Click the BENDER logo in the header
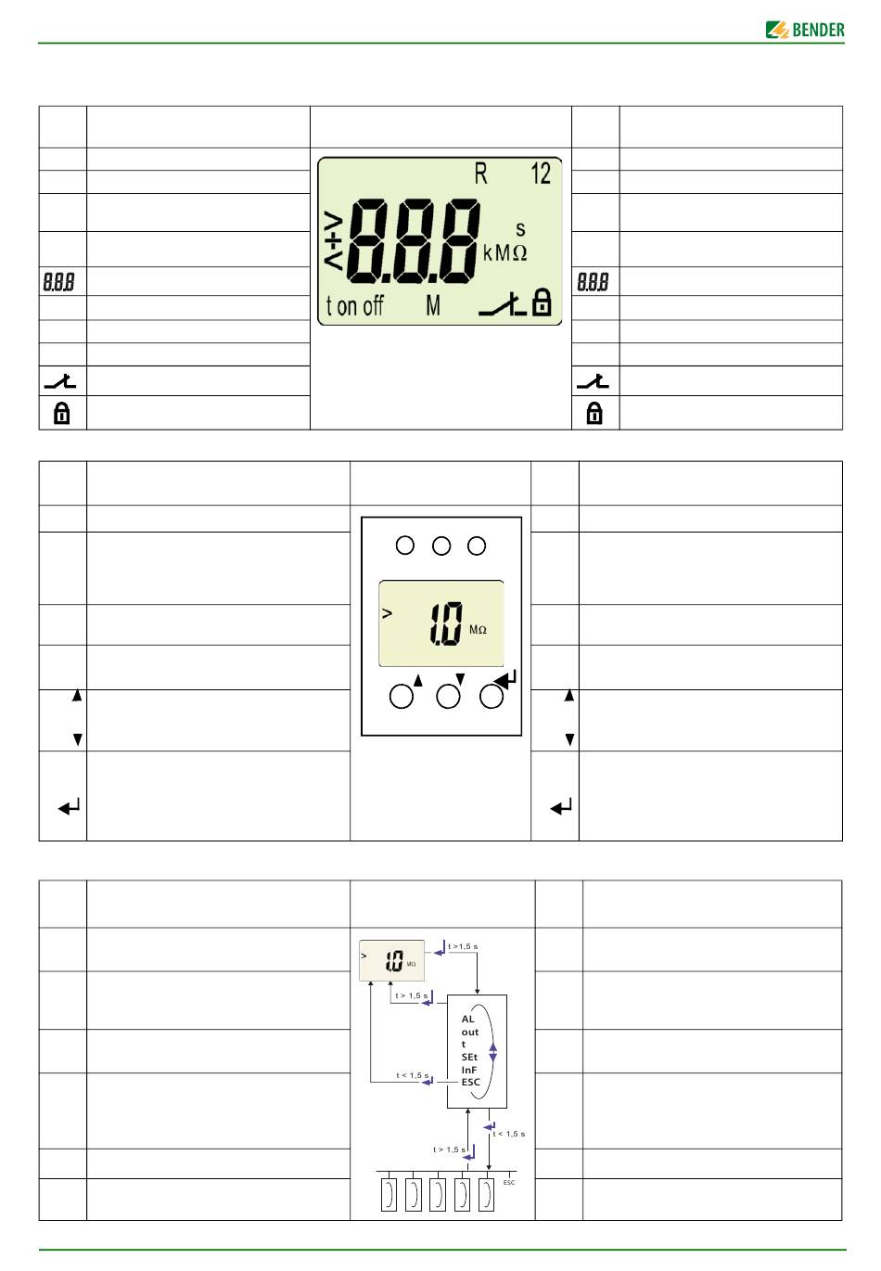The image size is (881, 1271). [805, 30]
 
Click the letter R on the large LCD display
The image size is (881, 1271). [480, 173]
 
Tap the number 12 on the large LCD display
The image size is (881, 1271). [540, 173]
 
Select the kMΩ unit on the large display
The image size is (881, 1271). [504, 252]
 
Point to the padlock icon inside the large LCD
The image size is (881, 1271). [542, 302]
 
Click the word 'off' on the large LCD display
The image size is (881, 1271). [372, 306]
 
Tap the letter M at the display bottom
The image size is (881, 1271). [433, 305]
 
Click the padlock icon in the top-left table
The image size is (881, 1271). [62, 413]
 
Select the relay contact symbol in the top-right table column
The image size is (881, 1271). [594, 380]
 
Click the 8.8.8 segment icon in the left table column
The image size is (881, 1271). [59, 282]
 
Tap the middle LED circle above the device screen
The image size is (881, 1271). [441, 546]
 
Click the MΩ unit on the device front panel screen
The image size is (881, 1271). [478, 630]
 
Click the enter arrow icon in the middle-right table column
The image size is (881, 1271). [561, 807]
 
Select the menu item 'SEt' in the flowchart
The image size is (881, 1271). [469, 1057]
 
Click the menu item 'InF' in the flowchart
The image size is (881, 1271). [469, 1070]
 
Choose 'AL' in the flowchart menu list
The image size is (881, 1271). [467, 1019]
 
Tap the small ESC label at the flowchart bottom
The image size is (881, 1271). [509, 1183]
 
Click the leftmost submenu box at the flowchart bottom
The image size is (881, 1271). [389, 1195]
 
